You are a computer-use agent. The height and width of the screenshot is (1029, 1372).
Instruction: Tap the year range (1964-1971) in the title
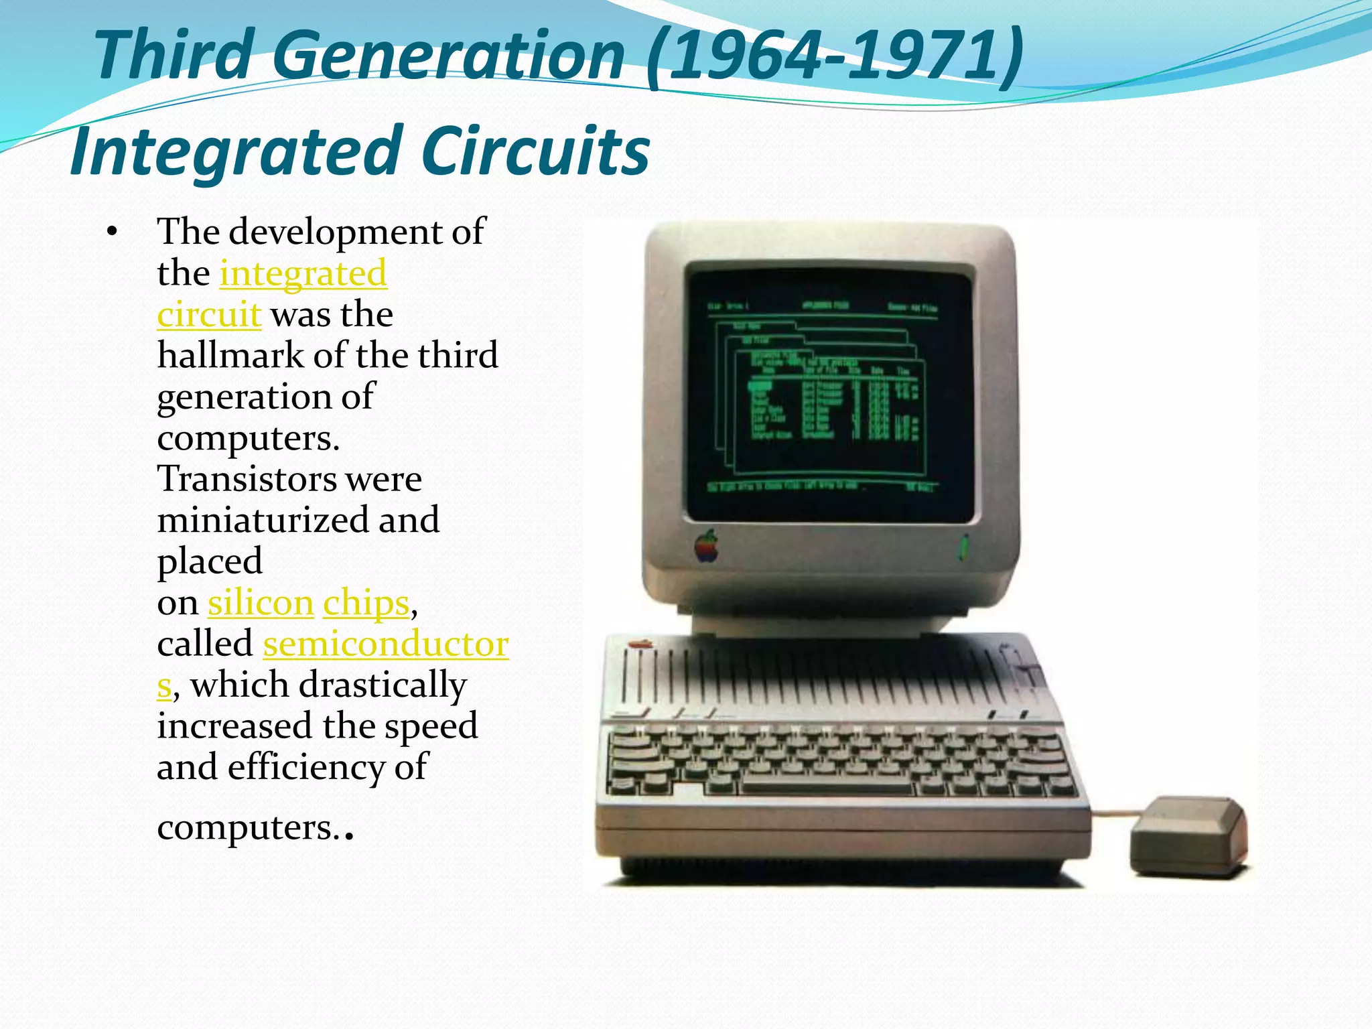tap(835, 56)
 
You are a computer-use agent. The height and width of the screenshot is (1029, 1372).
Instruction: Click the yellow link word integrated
tap(303, 273)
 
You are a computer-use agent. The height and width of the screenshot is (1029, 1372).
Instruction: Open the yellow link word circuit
tap(208, 314)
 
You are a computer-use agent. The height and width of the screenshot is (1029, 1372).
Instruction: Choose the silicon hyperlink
tap(261, 603)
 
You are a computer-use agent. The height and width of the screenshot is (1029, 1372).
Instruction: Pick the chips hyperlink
tap(366, 603)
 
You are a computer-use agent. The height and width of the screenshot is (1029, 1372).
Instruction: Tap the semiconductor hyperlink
tap(385, 644)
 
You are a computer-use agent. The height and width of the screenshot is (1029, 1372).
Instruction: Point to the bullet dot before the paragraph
tap(112, 233)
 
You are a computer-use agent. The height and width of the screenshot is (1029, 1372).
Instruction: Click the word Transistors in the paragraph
tap(245, 479)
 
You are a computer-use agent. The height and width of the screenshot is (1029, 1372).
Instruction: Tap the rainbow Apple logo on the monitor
tap(706, 546)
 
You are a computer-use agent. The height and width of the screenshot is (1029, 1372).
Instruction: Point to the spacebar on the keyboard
tap(827, 784)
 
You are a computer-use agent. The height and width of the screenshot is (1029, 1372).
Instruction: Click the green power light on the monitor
tap(964, 548)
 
